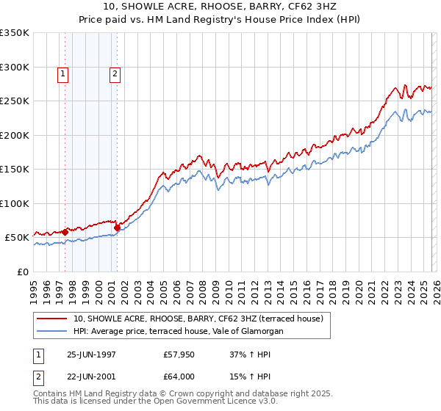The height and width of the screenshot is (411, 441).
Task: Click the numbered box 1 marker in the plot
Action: point(63,73)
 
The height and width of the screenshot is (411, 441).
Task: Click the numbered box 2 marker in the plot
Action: point(116,73)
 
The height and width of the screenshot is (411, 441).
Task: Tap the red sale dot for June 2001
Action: point(118,228)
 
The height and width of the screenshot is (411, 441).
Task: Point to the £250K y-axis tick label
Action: point(15,101)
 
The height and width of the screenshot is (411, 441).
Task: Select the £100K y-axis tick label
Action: point(15,203)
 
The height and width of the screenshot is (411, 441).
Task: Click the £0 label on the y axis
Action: point(21,272)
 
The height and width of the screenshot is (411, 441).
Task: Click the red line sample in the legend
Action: point(52,319)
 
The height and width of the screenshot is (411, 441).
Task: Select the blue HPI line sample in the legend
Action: point(52,332)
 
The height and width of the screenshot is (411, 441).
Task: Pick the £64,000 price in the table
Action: point(179,377)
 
